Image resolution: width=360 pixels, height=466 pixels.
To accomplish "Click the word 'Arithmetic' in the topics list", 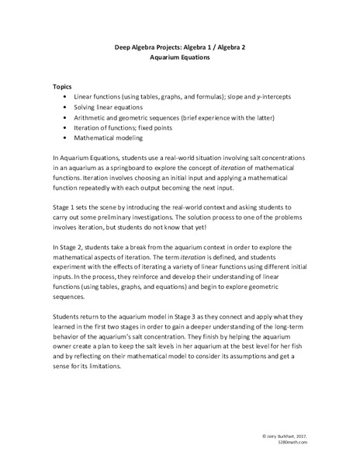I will (x=91, y=116).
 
